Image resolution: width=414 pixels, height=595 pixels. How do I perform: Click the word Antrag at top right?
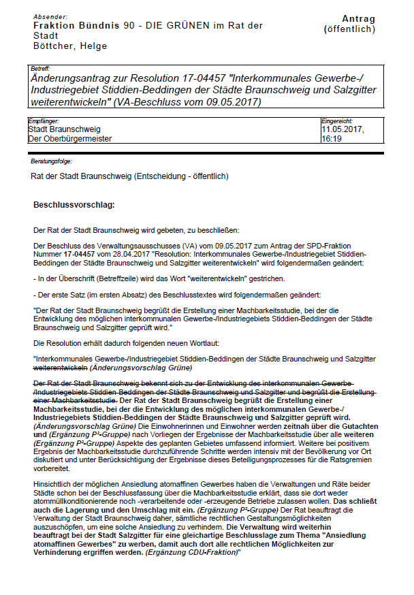(358, 18)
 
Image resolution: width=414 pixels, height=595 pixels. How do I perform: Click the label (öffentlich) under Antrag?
(349, 29)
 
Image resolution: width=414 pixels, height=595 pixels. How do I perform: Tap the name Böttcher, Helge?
(70, 46)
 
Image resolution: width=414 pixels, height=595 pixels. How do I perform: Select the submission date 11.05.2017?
(343, 129)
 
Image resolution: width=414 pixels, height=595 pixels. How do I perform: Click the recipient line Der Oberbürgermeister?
(69, 138)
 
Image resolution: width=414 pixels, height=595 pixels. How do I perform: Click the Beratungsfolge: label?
(51, 161)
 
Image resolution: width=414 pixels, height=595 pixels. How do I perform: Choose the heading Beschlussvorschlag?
(74, 204)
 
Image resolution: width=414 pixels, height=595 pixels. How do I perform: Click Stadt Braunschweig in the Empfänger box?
(64, 129)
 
